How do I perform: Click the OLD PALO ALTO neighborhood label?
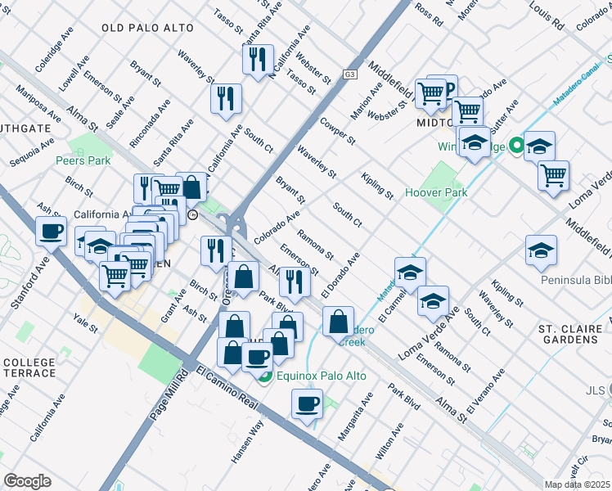(148, 28)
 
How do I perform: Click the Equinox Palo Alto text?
(321, 376)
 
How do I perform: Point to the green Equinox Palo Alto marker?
(264, 376)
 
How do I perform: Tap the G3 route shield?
(350, 74)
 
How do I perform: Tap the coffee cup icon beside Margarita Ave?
(308, 403)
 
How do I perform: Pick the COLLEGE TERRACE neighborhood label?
(29, 367)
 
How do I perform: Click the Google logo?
(27, 481)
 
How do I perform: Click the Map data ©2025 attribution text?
(578, 484)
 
